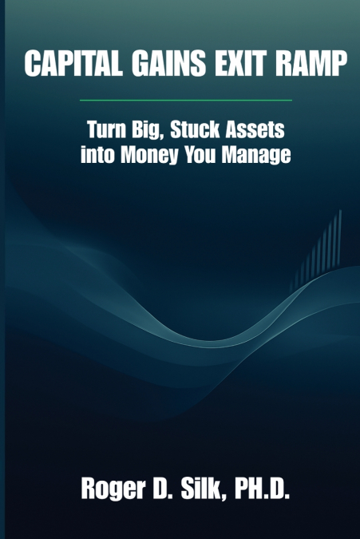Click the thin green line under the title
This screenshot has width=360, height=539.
coord(180,101)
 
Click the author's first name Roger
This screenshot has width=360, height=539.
coord(109,489)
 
